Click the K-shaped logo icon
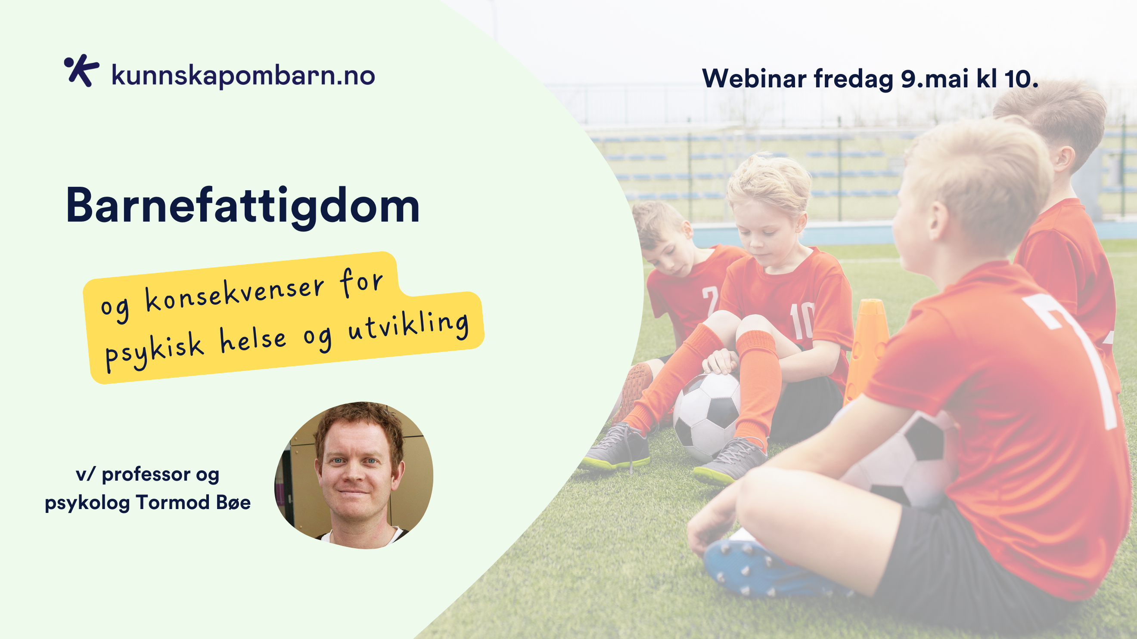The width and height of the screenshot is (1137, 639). (x=81, y=71)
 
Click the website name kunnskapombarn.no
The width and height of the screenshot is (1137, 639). (x=243, y=75)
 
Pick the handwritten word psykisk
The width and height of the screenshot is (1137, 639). (x=155, y=353)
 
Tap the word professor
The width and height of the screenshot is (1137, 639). (x=146, y=475)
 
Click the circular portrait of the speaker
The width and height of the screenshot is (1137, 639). (x=354, y=475)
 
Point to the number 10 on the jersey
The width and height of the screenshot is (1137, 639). (x=801, y=321)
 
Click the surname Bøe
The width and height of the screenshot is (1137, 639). (x=233, y=502)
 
